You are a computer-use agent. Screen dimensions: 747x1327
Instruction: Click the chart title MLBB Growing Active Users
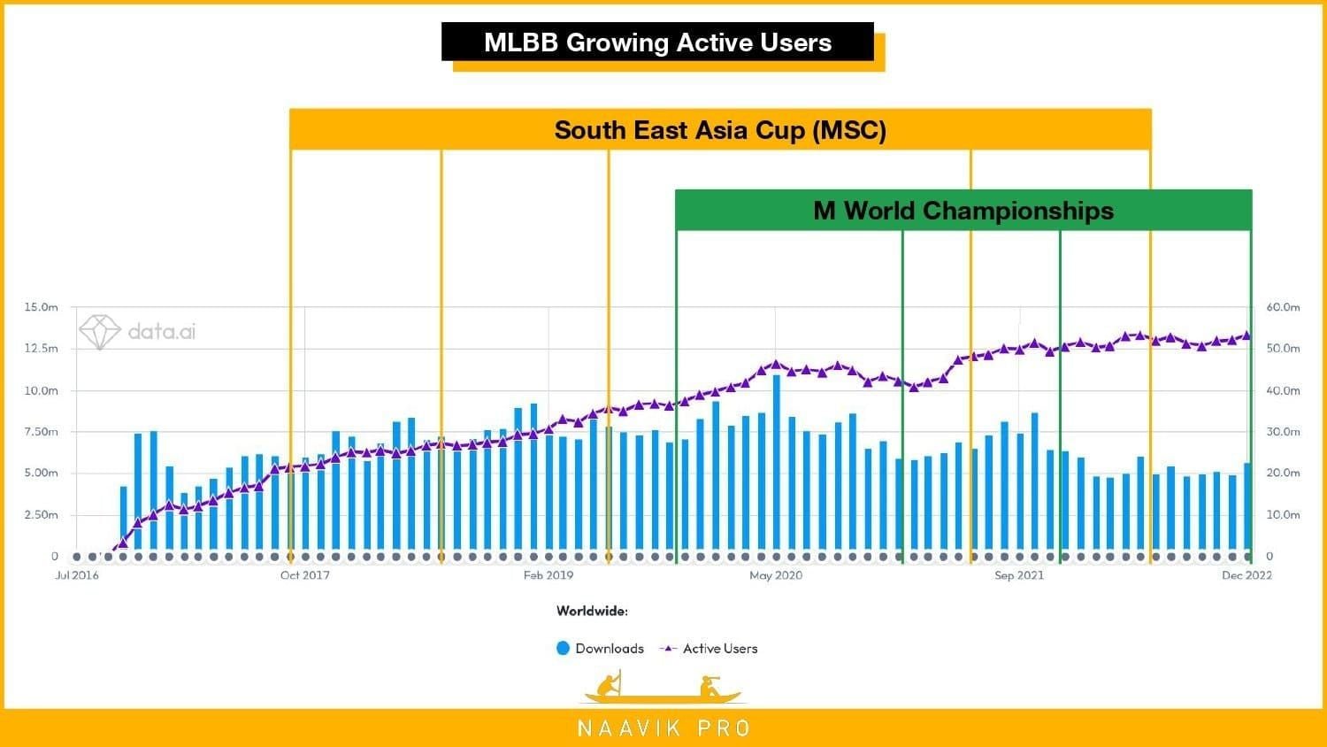(x=657, y=42)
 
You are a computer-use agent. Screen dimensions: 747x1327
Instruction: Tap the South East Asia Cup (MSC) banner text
(x=720, y=130)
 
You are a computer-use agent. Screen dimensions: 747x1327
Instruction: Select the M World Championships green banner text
(x=963, y=211)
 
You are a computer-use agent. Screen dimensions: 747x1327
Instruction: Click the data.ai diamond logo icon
(x=99, y=332)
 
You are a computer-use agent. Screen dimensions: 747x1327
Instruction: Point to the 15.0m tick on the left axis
(x=41, y=307)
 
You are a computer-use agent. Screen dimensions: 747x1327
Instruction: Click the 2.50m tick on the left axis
(x=41, y=514)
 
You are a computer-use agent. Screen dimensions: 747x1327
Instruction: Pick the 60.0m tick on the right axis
(x=1283, y=307)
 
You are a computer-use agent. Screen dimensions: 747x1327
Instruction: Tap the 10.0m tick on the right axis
(x=1283, y=514)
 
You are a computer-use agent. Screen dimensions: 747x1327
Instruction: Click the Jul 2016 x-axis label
(x=77, y=575)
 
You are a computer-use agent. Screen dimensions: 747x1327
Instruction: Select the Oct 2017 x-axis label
(x=304, y=575)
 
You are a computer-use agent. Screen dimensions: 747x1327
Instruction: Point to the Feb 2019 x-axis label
(x=548, y=575)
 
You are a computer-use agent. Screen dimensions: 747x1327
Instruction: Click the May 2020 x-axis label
(x=776, y=575)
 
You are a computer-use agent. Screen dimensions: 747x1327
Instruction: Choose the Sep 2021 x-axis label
(x=1019, y=575)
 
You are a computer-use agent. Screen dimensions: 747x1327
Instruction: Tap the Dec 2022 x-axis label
(x=1246, y=575)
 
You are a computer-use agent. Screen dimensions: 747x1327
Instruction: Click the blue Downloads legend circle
(x=563, y=648)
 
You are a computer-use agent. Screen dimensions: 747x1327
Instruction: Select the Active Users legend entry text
(x=720, y=649)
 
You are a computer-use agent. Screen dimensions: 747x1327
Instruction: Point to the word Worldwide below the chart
(x=592, y=611)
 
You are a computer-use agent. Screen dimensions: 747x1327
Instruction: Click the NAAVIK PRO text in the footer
(x=663, y=728)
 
